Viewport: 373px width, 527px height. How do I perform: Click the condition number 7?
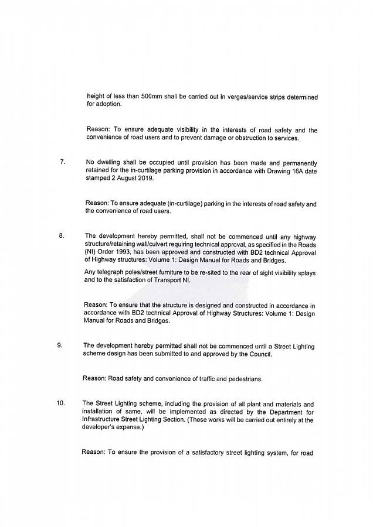coord(62,162)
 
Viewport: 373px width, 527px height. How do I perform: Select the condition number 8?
coord(61,235)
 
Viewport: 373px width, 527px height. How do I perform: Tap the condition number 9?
coord(60,345)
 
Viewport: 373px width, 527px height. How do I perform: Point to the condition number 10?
coord(60,403)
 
